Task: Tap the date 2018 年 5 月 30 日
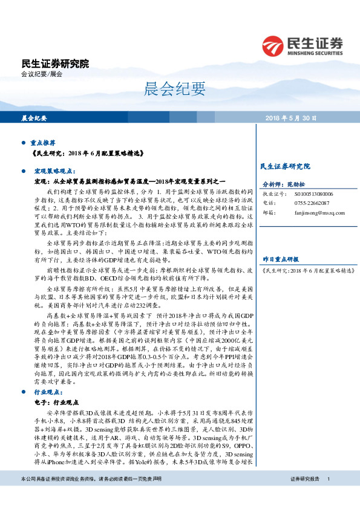point(290,118)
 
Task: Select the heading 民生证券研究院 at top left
point(54,63)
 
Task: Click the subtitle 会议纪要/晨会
point(42,74)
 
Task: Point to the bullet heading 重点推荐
point(42,143)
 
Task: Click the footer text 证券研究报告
point(305,496)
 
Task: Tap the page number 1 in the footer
point(328,496)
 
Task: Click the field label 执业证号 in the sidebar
point(273,193)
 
